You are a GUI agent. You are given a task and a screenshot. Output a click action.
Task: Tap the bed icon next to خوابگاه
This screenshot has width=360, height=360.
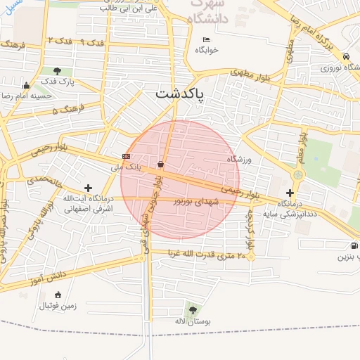[206, 39]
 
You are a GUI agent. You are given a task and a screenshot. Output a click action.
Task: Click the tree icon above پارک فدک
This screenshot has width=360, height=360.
[56, 71]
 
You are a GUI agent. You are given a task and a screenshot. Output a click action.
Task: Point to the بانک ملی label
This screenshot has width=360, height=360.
[127, 167]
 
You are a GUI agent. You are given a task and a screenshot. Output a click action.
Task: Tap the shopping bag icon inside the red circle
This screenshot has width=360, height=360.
[161, 165]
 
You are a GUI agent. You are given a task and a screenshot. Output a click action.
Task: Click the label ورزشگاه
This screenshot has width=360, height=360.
[238, 160]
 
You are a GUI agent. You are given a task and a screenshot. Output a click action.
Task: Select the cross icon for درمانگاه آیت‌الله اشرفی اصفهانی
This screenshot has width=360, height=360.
[88, 188]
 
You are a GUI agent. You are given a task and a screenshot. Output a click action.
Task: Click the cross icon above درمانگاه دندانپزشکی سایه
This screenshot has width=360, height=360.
[290, 193]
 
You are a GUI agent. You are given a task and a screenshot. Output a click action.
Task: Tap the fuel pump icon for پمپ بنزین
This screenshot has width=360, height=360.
[353, 246]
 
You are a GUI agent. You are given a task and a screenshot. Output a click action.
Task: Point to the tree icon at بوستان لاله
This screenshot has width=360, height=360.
[193, 310]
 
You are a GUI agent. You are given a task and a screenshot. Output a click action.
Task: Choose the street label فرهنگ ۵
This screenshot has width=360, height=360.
[67, 109]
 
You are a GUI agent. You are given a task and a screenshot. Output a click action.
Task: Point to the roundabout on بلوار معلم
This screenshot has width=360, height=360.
[298, 174]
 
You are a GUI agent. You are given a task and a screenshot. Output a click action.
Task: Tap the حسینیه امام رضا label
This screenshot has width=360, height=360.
[25, 95]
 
